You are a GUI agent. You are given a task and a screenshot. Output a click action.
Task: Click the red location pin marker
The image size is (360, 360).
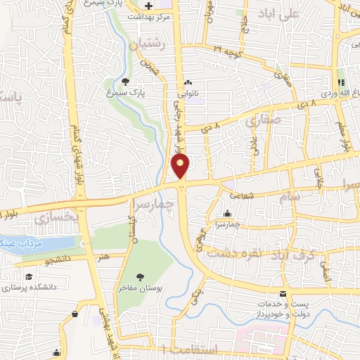click(x=181, y=167)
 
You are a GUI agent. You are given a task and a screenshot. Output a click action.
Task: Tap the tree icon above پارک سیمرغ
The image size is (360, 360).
click(x=126, y=82)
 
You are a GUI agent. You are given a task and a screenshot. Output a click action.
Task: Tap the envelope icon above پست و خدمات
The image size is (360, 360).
click(x=283, y=293)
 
